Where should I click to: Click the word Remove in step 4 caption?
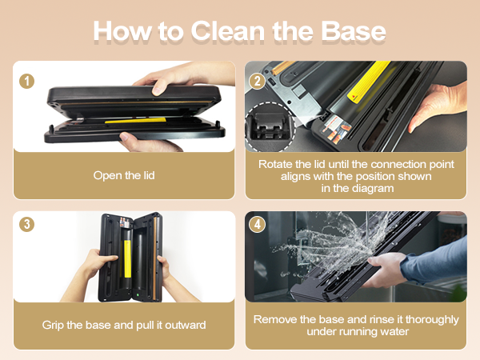tap(274, 319)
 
